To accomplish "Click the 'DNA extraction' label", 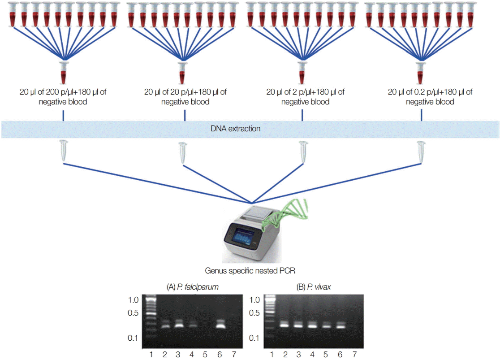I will click(235, 129).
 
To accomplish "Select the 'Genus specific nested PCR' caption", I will click(250, 271).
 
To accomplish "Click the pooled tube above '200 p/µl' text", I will click(63, 72).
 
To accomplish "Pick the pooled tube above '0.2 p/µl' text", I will click(420, 72).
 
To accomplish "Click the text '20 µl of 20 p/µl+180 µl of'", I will click(185, 92).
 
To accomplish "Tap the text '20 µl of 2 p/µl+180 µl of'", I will click(305, 92).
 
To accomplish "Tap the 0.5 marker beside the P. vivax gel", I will click(255, 312).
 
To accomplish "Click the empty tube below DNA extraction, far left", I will click(63, 151).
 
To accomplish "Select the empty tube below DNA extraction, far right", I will click(420, 151).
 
